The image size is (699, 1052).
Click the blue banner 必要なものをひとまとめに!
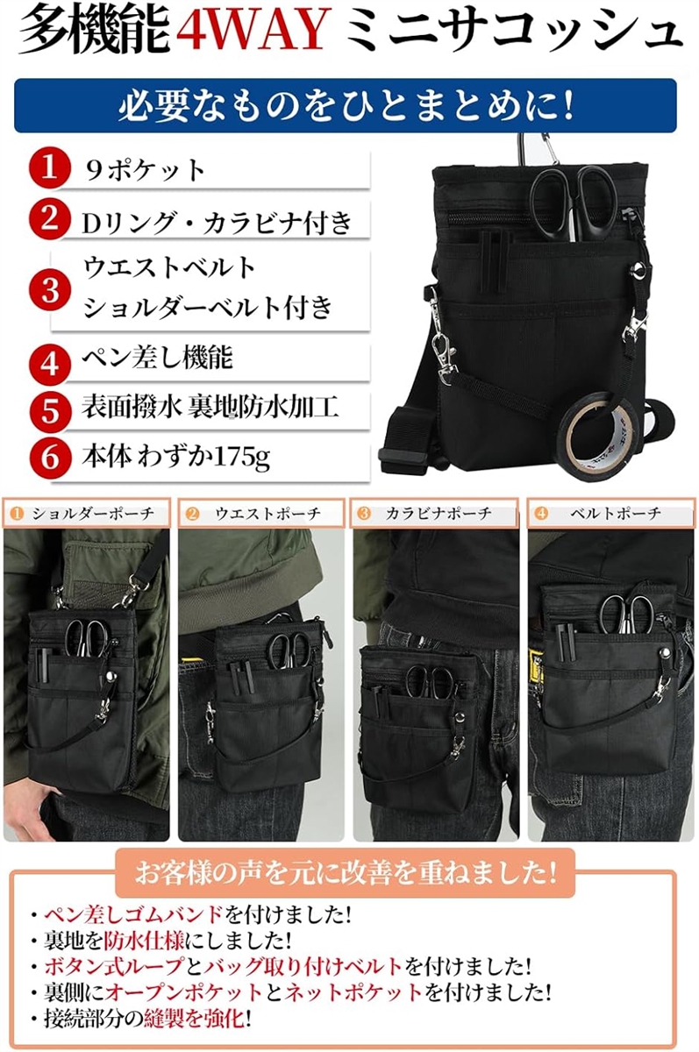click(x=346, y=105)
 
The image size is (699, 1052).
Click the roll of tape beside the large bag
click(x=600, y=430)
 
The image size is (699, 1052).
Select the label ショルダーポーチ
click(x=94, y=514)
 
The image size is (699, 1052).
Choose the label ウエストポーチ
click(x=267, y=514)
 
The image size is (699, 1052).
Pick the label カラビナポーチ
click(x=439, y=514)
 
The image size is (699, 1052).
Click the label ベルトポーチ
click(x=626, y=514)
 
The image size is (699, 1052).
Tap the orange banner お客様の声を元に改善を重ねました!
click(x=345, y=872)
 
